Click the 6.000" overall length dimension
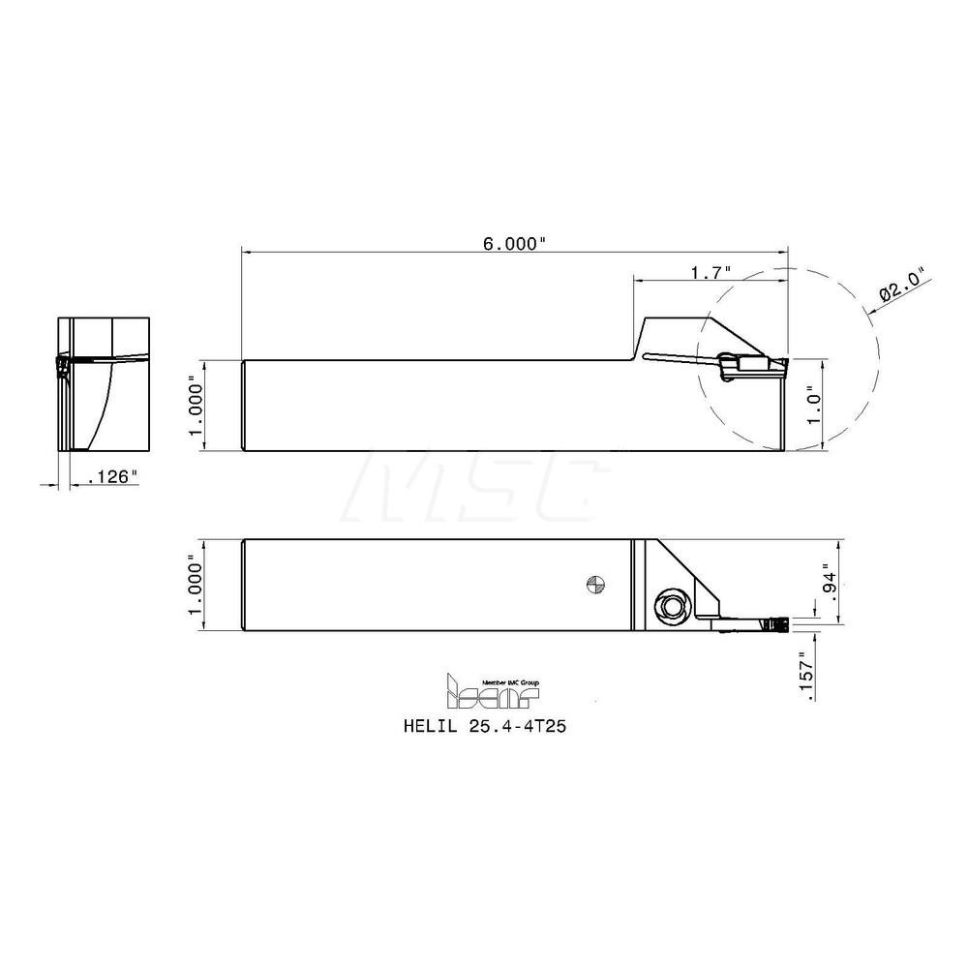[515, 245]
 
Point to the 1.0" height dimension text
[815, 405]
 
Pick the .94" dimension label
[825, 578]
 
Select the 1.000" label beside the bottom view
[197, 584]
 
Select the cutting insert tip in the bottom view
[777, 624]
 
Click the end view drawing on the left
[105, 383]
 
